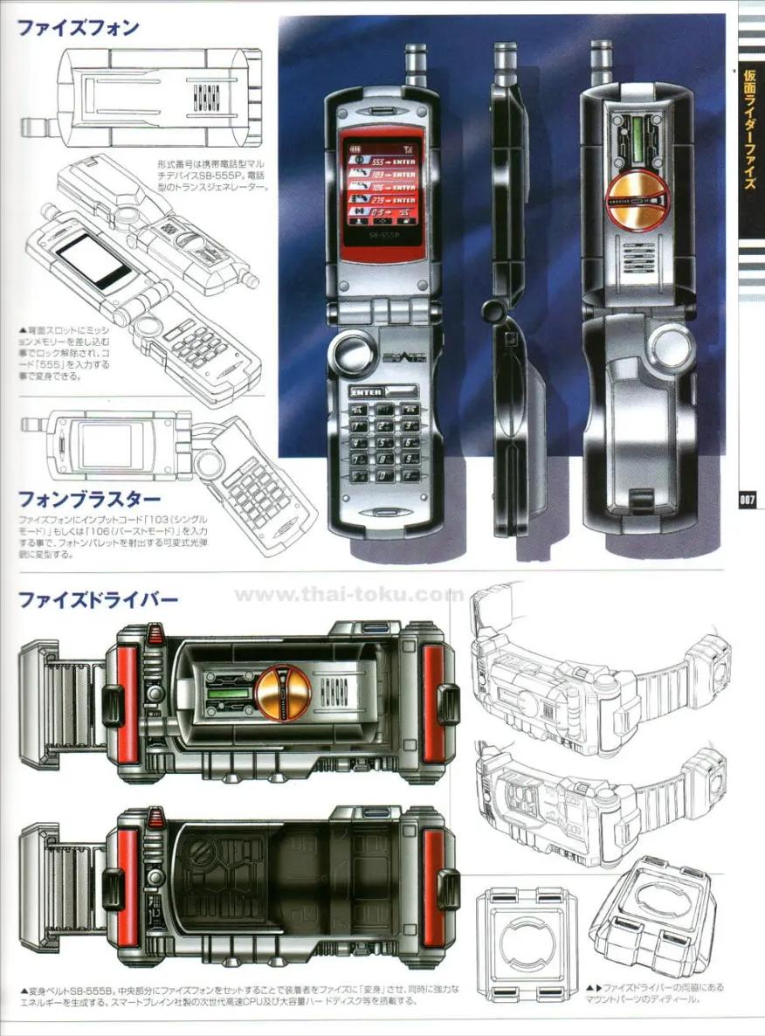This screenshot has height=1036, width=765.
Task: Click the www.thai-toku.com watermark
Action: coord(349,595)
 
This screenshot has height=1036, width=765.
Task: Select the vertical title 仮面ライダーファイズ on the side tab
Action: coord(749,139)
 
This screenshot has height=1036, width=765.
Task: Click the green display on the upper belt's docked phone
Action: coord(228,695)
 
